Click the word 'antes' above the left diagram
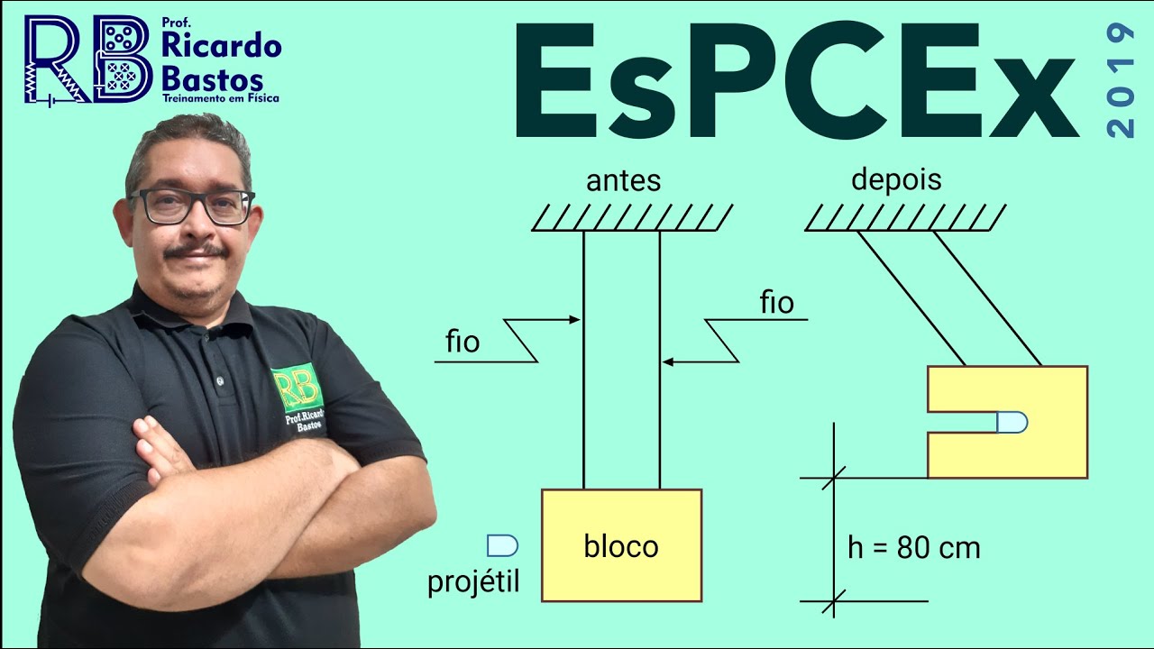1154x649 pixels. pos(623,181)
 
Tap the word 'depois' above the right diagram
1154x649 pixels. pos(896,179)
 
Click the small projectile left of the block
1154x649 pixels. pos(502,544)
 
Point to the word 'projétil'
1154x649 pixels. pos(474,583)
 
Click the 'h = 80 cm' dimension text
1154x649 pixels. pos(913,547)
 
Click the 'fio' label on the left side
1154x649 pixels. pos(463,343)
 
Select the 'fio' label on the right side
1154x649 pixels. pos(777,303)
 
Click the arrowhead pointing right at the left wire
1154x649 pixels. pos(574,319)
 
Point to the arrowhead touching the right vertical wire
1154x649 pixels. pos(668,362)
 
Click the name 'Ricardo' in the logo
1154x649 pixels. pos(222,44)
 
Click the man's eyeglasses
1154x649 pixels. pos(192,206)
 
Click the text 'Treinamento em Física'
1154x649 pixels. pos(220,96)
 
